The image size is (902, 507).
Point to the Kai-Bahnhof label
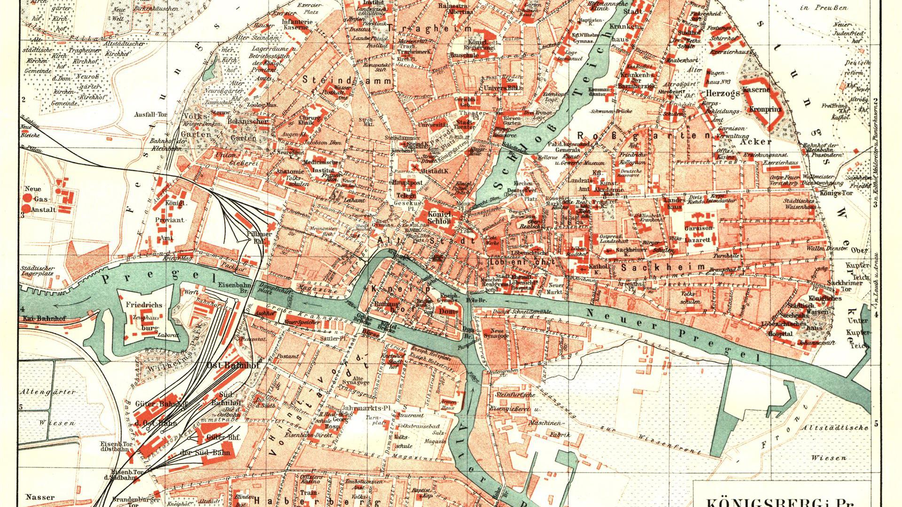pyautogui.click(x=43, y=318)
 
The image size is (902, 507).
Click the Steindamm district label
pyautogui.click(x=347, y=80)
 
